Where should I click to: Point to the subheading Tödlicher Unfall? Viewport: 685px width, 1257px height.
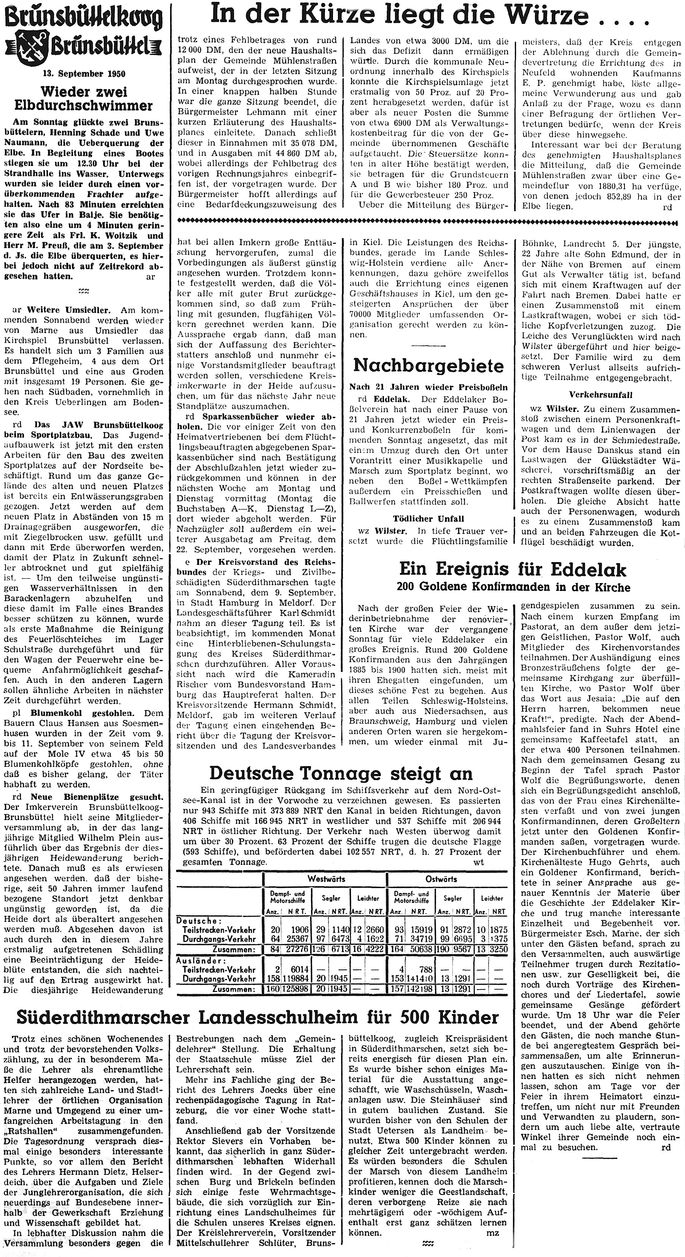tap(428, 518)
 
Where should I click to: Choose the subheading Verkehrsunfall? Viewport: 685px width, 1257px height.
tap(600, 394)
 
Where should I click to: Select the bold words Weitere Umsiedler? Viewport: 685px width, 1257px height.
tap(68, 310)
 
